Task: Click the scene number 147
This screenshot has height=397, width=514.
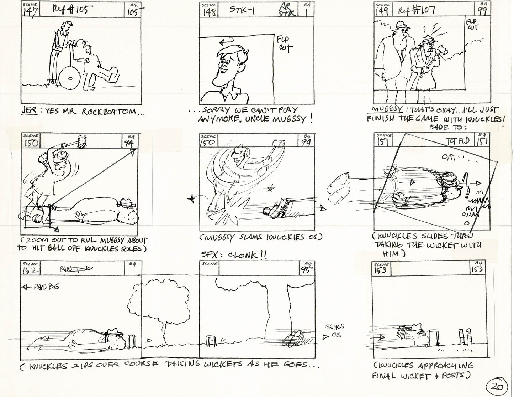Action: (x=31, y=12)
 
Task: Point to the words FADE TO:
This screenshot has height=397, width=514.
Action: (x=445, y=127)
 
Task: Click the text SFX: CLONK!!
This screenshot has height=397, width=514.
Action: (x=234, y=255)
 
